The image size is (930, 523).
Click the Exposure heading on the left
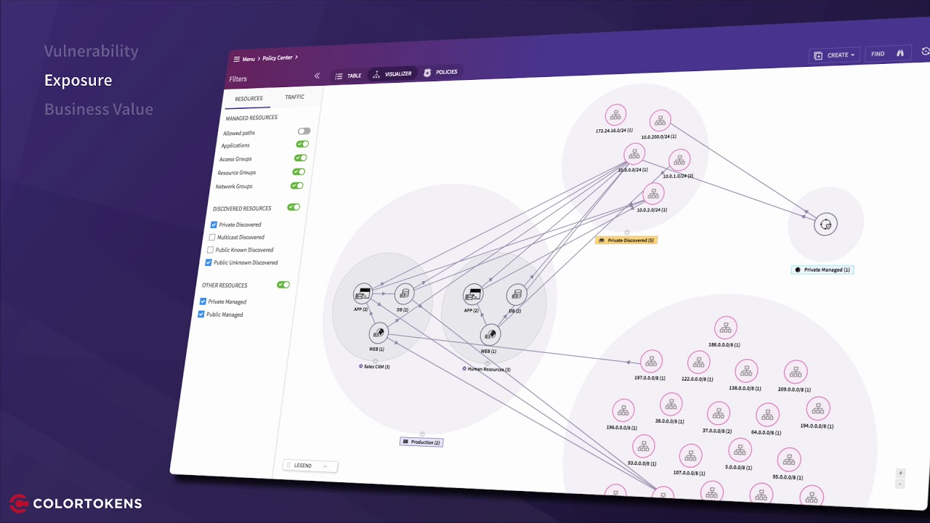click(x=78, y=80)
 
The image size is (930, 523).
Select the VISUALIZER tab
click(x=392, y=74)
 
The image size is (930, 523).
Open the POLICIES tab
click(x=440, y=72)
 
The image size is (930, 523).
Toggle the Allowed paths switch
click(x=304, y=131)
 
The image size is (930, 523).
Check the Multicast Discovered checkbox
click(x=211, y=237)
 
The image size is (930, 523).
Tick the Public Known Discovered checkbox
click(x=210, y=250)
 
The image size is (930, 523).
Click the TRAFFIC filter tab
click(x=294, y=97)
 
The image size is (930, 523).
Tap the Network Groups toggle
click(x=296, y=186)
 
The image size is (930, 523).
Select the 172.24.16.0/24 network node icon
click(x=615, y=115)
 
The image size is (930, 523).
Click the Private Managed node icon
click(x=825, y=224)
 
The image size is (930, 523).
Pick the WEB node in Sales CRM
click(x=378, y=333)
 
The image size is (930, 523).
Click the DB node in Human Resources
click(x=516, y=294)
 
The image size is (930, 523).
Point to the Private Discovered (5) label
click(x=626, y=240)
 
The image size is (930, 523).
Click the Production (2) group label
click(x=421, y=442)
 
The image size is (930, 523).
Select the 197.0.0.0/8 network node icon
click(x=651, y=360)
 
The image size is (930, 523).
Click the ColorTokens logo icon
click(x=19, y=503)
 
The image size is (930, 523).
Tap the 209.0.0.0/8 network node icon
click(x=796, y=373)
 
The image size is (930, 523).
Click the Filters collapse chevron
click(x=317, y=76)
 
